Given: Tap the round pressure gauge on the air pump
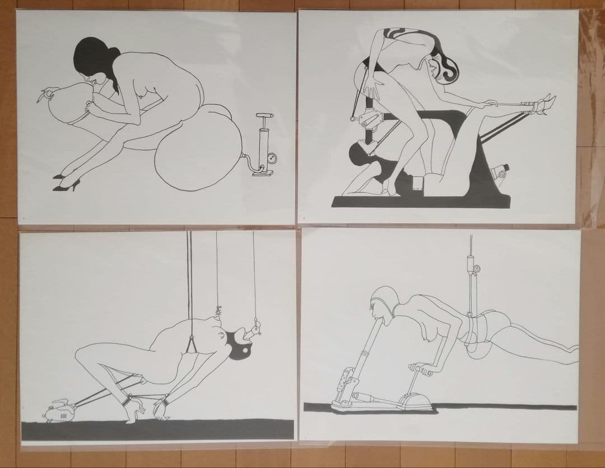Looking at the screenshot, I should (x=271, y=158).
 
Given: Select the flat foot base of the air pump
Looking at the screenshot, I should (x=265, y=174).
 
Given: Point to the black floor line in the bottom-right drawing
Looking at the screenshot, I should (x=504, y=407).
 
